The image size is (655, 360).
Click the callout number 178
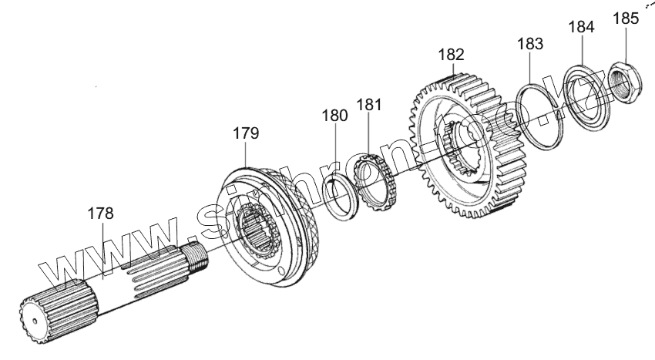coord(100,214)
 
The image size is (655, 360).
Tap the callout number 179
coord(246,133)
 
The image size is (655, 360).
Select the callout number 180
coord(334,116)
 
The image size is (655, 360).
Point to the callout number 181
coord(369,104)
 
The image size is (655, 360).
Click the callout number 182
coord(451,55)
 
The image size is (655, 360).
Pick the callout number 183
coord(531,44)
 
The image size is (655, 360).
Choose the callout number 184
coord(581,26)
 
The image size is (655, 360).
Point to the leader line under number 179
coord(246,158)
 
